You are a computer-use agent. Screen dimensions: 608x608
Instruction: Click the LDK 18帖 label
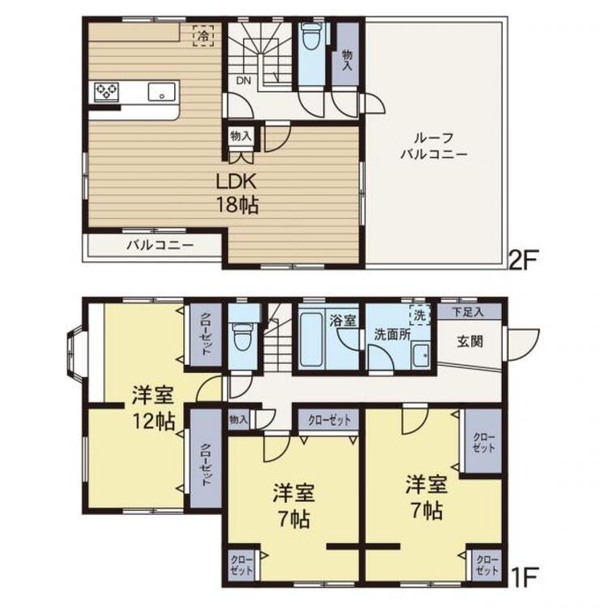[237, 194]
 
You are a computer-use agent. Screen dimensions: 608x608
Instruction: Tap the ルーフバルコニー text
[434, 146]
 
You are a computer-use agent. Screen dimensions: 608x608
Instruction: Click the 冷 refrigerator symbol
[203, 36]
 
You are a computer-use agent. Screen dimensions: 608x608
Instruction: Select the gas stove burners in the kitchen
[106, 92]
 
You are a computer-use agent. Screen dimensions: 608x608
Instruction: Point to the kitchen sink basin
[161, 92]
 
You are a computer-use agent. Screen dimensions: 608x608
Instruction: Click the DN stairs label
[244, 80]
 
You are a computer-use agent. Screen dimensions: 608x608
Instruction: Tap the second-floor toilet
[310, 36]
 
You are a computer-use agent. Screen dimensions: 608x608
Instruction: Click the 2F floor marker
[522, 260]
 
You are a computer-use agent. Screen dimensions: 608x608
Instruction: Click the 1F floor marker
[525, 577]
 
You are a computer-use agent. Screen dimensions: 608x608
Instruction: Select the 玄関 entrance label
[470, 341]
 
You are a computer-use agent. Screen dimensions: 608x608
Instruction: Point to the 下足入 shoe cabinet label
[469, 312]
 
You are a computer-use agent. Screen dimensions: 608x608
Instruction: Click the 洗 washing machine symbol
[420, 315]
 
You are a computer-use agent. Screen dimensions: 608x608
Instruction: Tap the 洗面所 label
[392, 335]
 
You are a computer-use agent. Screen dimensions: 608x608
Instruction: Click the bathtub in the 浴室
[311, 340]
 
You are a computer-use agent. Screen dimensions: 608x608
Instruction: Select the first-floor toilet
[243, 335]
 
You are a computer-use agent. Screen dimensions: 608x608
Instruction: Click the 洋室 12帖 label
[153, 409]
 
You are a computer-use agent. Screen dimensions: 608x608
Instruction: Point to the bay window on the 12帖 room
[75, 355]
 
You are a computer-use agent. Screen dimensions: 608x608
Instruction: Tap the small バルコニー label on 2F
[161, 246]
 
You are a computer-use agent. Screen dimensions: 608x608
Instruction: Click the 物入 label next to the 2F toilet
[347, 60]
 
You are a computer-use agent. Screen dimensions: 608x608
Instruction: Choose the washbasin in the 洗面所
[420, 356]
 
